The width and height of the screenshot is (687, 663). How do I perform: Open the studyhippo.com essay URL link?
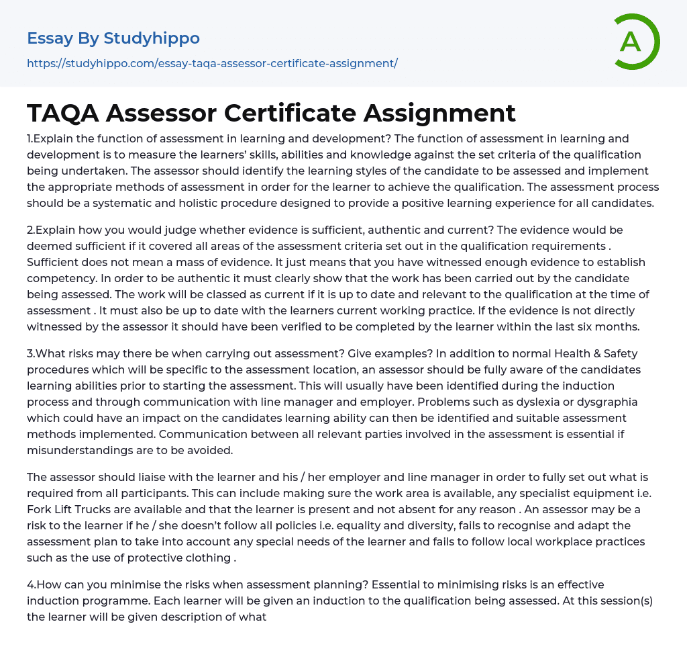tap(212, 63)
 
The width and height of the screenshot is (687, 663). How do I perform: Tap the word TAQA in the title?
tap(62, 113)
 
